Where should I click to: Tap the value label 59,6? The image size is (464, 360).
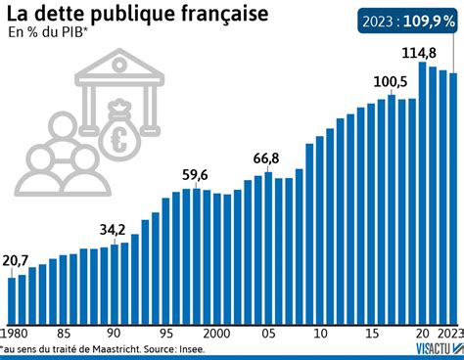click(x=195, y=175)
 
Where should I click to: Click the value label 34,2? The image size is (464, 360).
click(x=113, y=231)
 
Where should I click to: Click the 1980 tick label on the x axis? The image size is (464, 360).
click(x=17, y=331)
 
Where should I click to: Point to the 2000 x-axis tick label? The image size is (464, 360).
click(x=216, y=331)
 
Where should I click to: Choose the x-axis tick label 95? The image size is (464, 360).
click(x=165, y=331)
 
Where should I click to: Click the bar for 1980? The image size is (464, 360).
click(x=12, y=298)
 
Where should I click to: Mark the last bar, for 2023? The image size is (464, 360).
click(x=453, y=196)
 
